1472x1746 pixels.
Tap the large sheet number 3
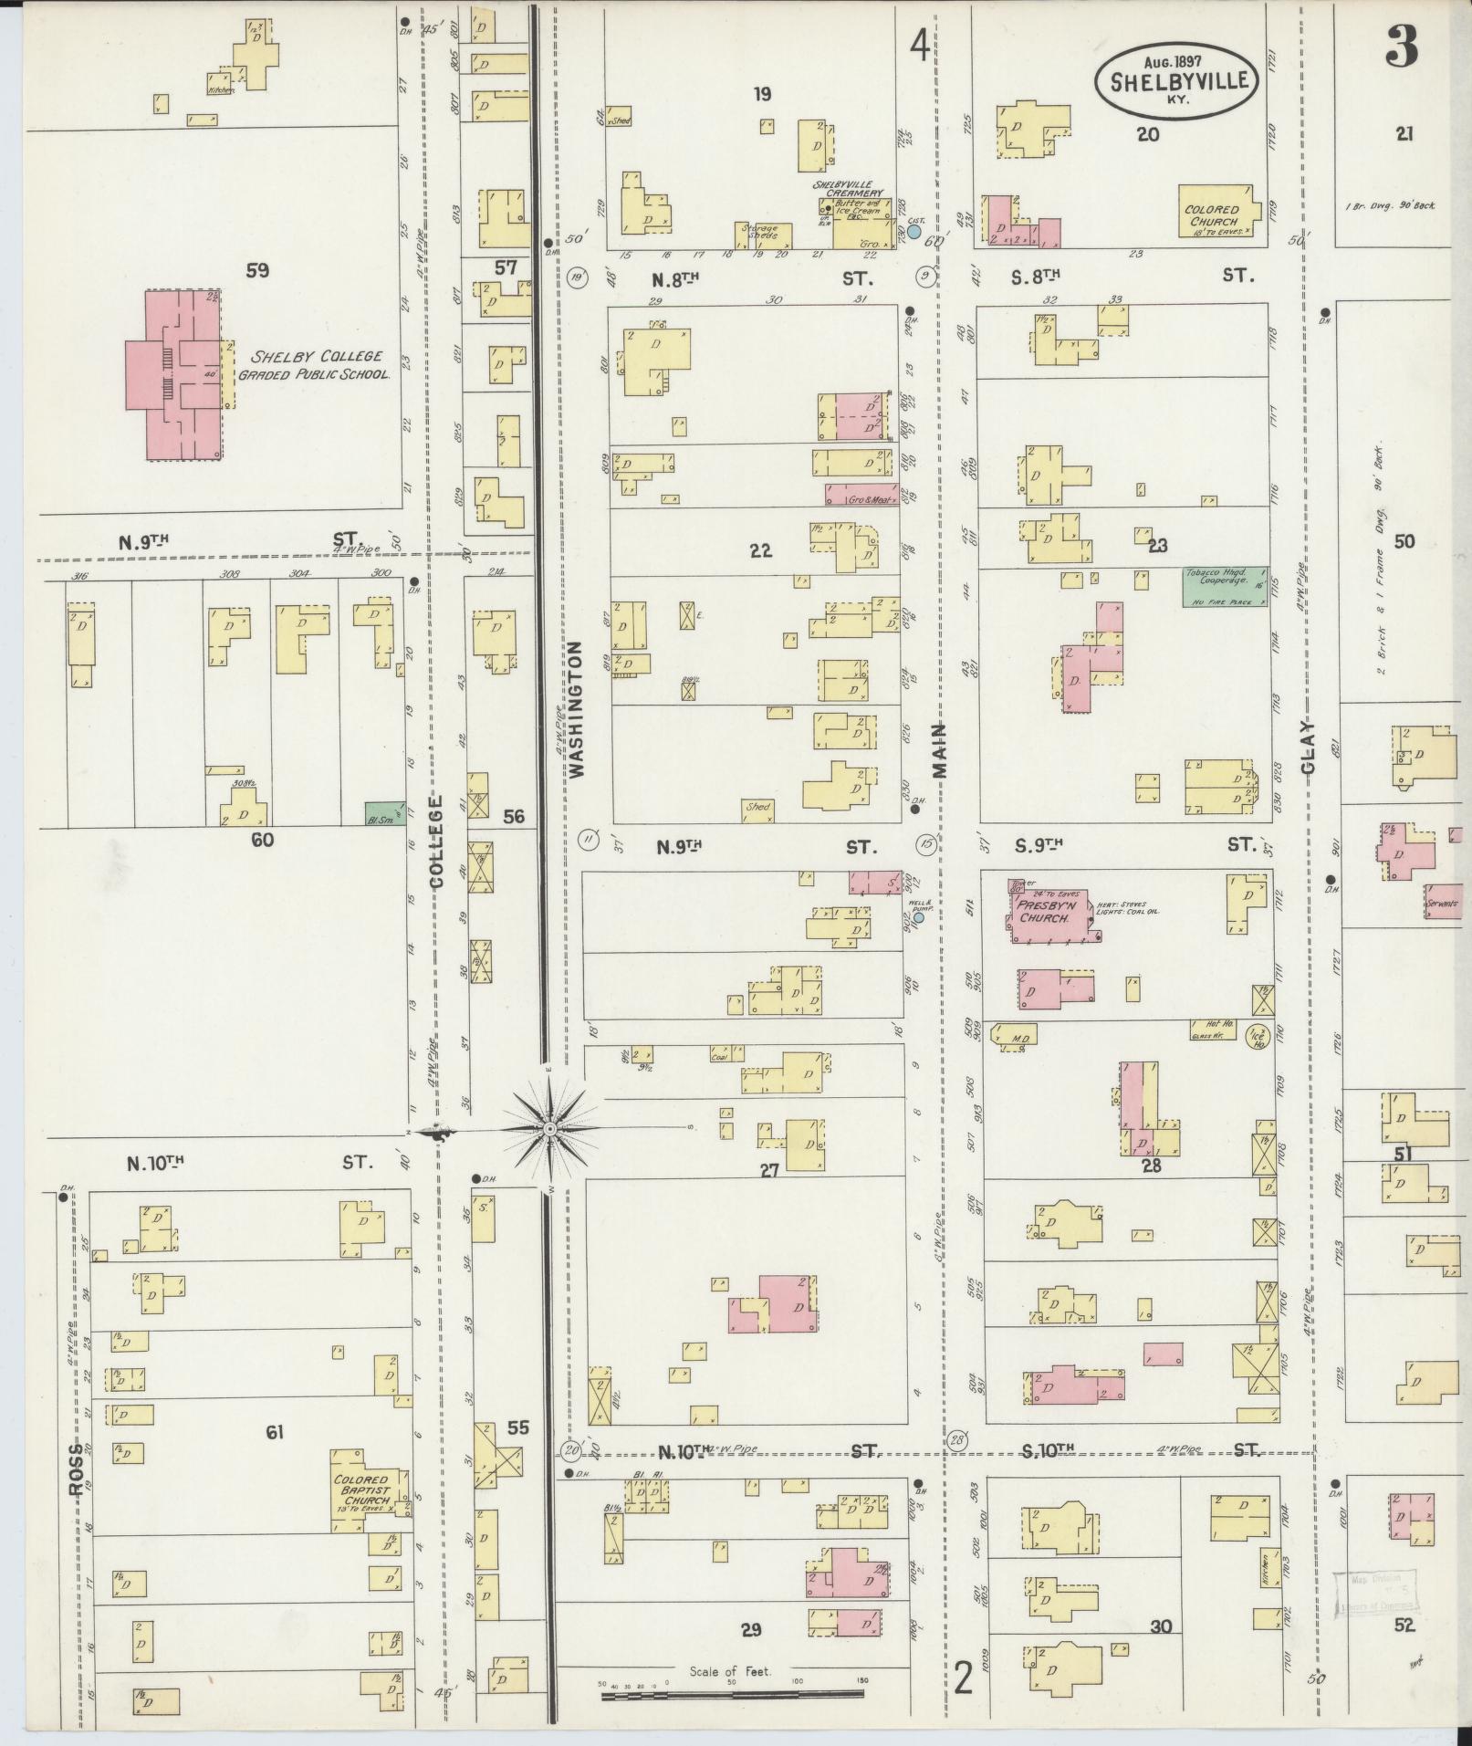tap(1401, 45)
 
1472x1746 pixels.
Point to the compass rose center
tap(549, 1130)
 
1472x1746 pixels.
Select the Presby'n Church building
tap(1049, 912)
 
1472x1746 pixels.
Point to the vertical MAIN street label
tap(939, 750)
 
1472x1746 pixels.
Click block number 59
tap(258, 270)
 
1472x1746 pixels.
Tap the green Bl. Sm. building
tap(384, 813)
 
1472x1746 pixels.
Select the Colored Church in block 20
tap(1213, 215)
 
